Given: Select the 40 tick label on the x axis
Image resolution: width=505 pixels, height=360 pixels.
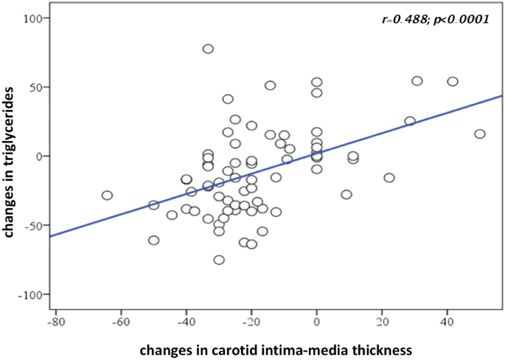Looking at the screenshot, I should coord(446,322).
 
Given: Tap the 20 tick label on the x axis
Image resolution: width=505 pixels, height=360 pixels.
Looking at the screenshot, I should coord(381,322).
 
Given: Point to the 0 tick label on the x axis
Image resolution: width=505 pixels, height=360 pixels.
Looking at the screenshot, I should coord(316,322).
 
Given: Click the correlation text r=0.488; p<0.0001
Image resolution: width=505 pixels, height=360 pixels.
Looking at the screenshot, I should coord(436,20).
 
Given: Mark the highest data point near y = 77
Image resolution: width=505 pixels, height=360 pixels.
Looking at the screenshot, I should coord(208,49).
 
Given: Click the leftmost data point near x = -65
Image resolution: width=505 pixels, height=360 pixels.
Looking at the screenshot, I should coord(107,195).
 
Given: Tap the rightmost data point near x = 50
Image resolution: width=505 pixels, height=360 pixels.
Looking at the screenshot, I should coord(480,134).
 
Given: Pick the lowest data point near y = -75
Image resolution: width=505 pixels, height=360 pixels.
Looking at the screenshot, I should coord(219,260).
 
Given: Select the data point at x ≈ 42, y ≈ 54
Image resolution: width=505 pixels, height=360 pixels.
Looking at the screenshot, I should coord(453,82).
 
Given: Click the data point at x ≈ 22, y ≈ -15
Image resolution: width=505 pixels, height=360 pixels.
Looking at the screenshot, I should coord(389,178).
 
